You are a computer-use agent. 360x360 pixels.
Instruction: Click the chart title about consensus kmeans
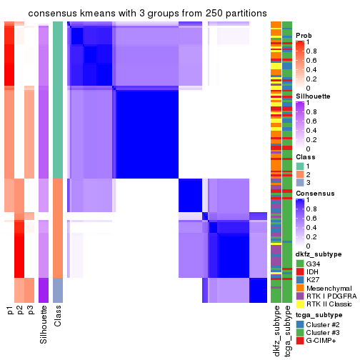[137, 14]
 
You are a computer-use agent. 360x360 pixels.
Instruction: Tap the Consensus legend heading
[314, 193]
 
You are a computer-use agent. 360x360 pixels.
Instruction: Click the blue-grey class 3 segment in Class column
[58, 290]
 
